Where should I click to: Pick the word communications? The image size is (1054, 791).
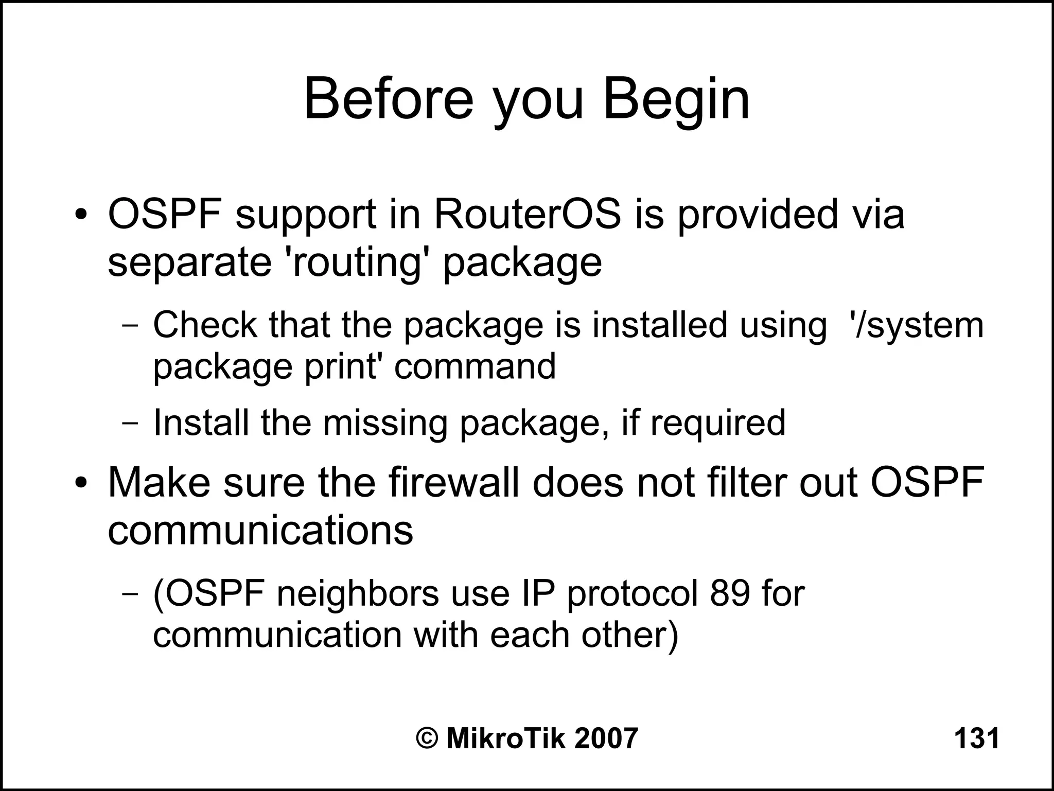(260, 530)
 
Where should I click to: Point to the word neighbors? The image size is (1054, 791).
(358, 593)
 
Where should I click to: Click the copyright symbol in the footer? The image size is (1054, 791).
(427, 739)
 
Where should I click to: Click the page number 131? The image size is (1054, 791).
(976, 739)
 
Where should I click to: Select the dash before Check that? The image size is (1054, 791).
(131, 326)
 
